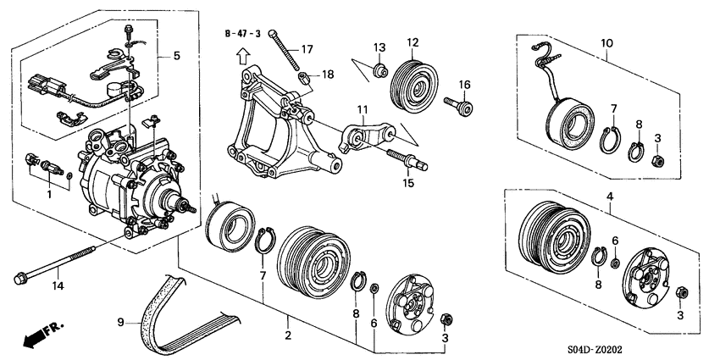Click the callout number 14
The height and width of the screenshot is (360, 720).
point(58,285)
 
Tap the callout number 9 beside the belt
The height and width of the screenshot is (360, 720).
point(121,323)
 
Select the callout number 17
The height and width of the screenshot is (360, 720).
point(307,48)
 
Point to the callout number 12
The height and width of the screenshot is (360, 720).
point(413,42)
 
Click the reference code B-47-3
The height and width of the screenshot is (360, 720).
point(243,34)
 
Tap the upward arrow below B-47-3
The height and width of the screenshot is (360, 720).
point(242,57)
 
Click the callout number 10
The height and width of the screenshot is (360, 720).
point(607,43)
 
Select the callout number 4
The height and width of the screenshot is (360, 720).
point(610,197)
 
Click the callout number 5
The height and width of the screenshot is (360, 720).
point(177,56)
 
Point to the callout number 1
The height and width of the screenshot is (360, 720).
point(49,195)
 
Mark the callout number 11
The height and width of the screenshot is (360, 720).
point(363,109)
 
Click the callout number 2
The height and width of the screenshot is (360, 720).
point(288,335)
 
